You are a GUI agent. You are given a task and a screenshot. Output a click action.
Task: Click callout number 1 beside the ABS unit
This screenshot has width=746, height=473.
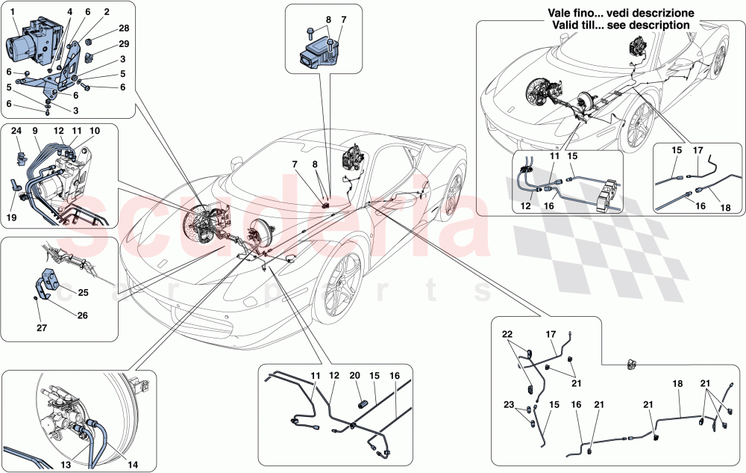click(x=11, y=13)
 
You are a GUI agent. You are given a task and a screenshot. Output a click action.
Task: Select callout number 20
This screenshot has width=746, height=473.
click(x=355, y=376)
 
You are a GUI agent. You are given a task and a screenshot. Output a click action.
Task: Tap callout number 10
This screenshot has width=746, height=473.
click(x=95, y=130)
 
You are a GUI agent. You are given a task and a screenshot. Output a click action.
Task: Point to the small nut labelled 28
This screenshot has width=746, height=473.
click(x=89, y=34)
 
